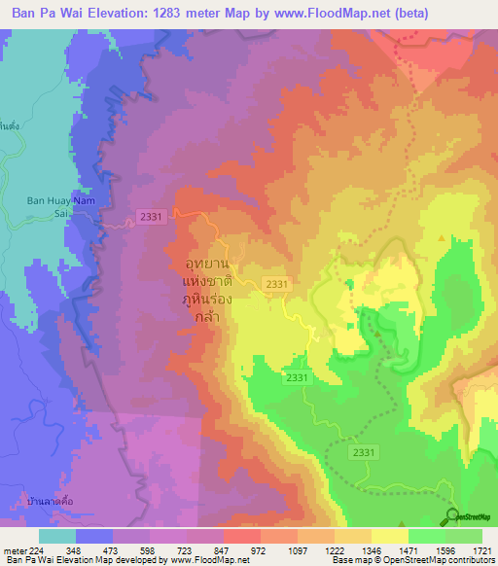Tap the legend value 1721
coord(480,549)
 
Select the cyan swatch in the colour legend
coord(57,536)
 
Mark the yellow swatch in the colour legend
coord(389,536)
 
